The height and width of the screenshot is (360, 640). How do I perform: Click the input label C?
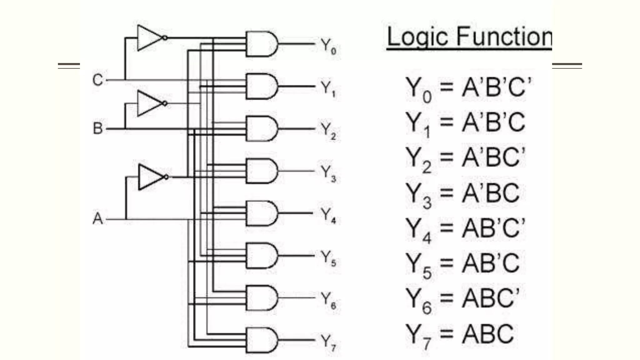point(97,80)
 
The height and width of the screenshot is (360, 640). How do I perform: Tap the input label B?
point(97,128)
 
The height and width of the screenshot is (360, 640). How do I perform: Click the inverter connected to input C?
point(149,38)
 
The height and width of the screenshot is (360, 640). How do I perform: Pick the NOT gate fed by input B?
point(149,103)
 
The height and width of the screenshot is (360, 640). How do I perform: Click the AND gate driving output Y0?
point(261,44)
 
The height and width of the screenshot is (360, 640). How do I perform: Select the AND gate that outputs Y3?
point(261,171)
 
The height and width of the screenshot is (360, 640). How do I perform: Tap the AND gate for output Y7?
point(261,340)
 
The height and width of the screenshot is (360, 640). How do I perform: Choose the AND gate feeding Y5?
point(261,256)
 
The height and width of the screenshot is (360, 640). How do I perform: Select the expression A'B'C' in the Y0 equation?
point(496,87)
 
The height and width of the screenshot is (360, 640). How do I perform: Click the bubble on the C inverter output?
point(165,38)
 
